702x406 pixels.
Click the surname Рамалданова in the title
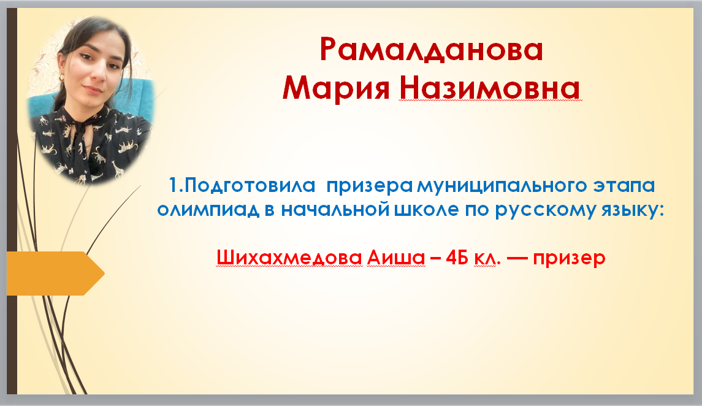pos(431,49)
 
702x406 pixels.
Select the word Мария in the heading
pos(337,88)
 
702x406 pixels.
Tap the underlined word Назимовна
pos(490,88)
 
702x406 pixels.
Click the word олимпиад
pos(208,210)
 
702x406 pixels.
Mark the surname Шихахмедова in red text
pos(289,258)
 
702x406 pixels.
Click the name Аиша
pos(396,258)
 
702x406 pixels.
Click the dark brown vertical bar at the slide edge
pos(12,201)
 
